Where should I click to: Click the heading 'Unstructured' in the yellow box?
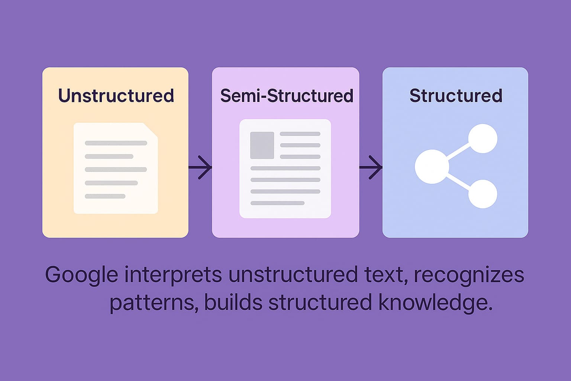[116, 96]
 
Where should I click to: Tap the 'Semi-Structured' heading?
[286, 96]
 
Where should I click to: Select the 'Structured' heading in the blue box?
[456, 96]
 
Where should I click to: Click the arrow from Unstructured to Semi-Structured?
[201, 167]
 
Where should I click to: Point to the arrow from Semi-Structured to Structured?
[371, 167]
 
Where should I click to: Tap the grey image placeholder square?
[262, 145]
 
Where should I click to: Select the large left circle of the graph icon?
[431, 167]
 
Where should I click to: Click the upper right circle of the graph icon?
[483, 139]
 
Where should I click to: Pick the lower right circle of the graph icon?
[483, 194]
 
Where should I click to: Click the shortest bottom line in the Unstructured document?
[105, 196]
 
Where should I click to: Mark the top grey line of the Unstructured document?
[116, 143]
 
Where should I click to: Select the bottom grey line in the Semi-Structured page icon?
[277, 203]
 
